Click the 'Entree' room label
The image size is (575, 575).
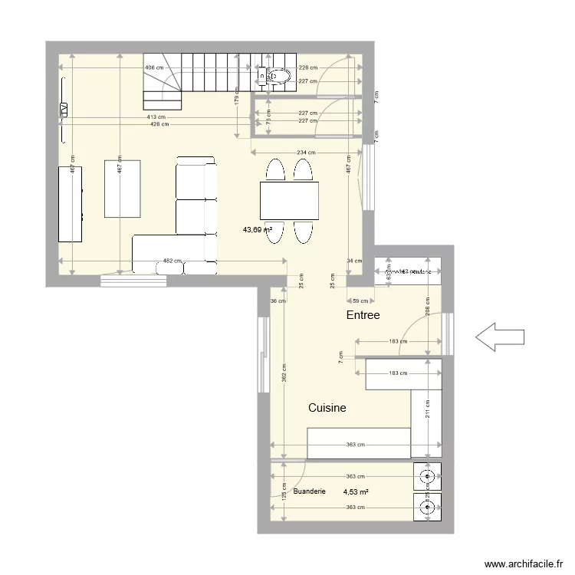tap(363, 315)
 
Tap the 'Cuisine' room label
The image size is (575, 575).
tap(327, 409)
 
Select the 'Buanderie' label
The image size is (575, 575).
tap(310, 491)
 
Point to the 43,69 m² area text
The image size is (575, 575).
tap(258, 229)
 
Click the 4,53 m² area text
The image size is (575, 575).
tap(356, 492)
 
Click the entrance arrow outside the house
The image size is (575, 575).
tap(500, 336)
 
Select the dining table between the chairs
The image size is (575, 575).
tap(289, 201)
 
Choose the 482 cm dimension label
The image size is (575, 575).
tap(172, 261)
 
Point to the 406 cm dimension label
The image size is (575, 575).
tap(154, 67)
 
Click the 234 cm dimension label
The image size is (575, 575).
tap(305, 153)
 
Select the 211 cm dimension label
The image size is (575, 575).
tap(428, 409)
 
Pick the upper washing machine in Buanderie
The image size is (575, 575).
tap(426, 477)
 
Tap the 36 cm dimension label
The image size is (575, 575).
tap(278, 301)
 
